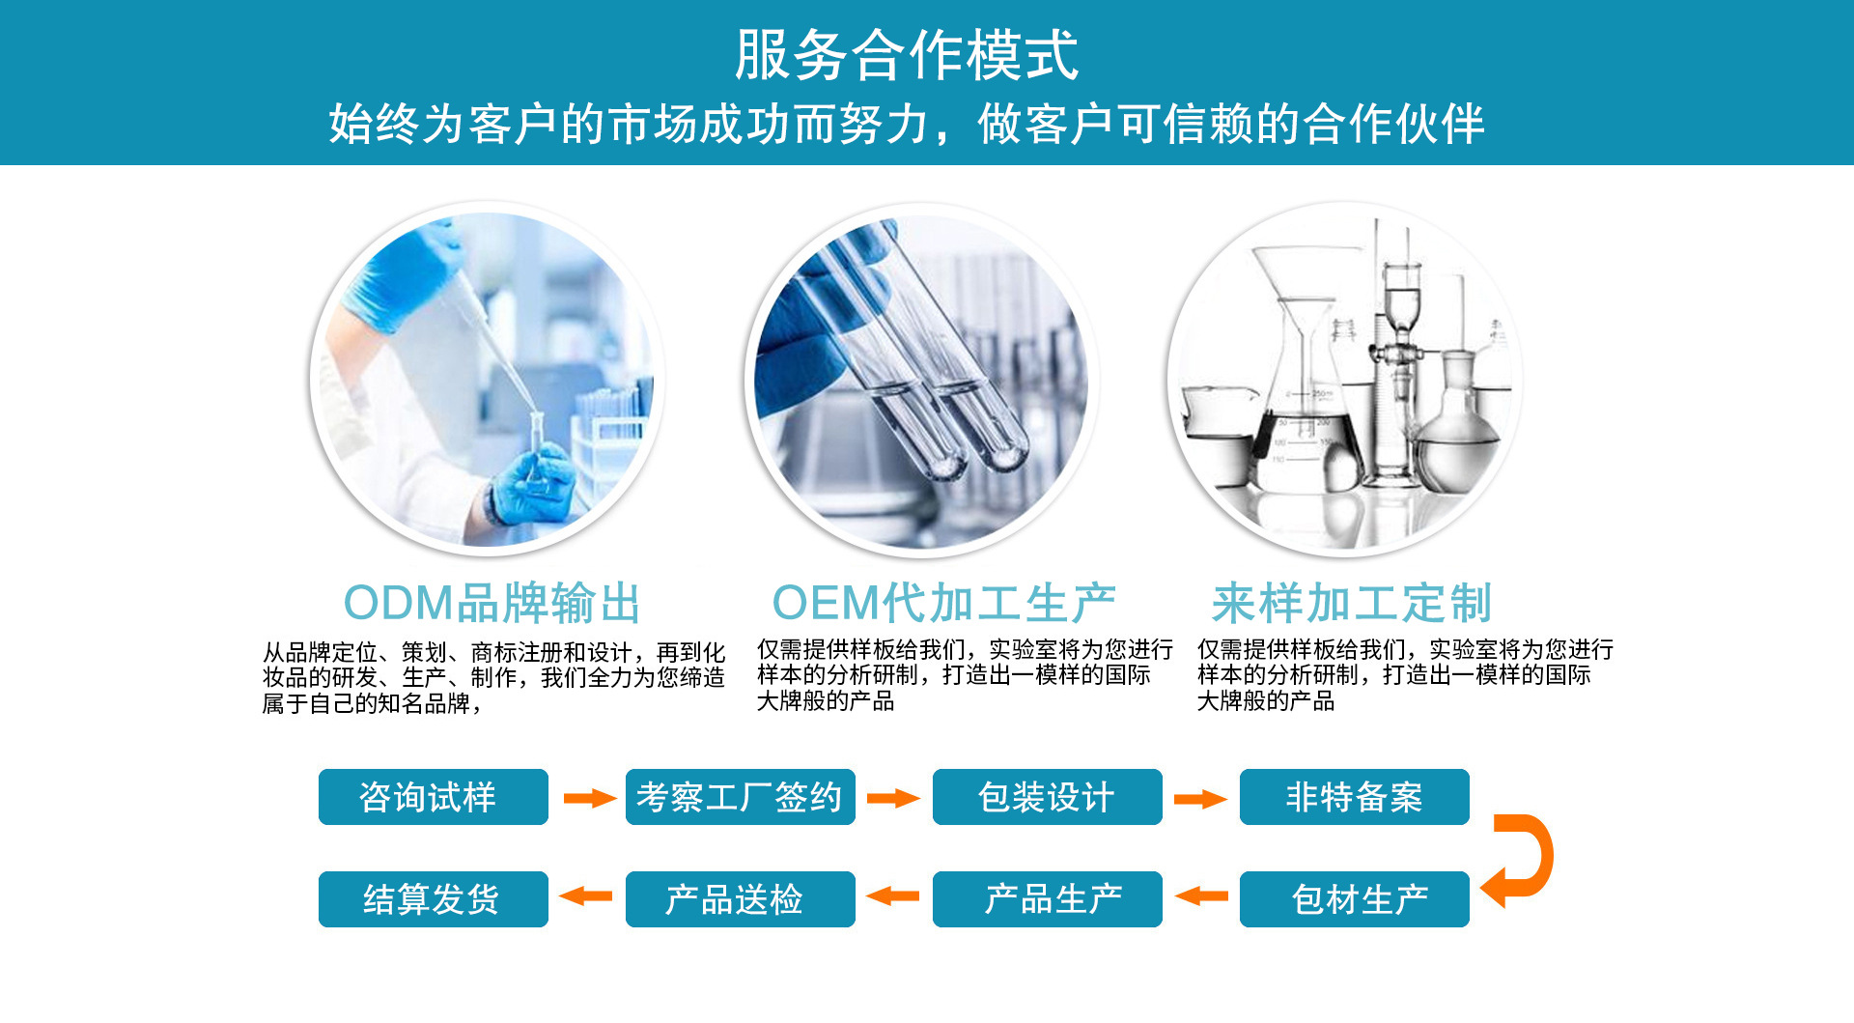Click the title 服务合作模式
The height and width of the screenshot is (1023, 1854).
tap(906, 55)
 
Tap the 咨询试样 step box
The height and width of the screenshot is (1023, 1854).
tap(434, 797)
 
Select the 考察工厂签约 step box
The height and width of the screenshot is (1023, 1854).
tap(741, 797)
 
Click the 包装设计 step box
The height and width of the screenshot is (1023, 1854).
tap(1048, 797)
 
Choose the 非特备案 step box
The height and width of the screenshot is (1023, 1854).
tap(1355, 797)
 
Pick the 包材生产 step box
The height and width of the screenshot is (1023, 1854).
tap(1355, 899)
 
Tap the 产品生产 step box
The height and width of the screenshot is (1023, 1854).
tap(1048, 899)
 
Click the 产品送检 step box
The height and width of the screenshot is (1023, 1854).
tap(741, 899)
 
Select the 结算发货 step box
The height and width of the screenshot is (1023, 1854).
tap(434, 899)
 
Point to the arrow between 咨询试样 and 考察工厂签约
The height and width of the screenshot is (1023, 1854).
tap(590, 798)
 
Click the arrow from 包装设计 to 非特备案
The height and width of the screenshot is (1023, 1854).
tap(1200, 799)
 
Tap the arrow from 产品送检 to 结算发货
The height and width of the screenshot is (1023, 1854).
tap(586, 896)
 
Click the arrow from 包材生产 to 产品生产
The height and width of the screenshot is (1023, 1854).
tap(1201, 896)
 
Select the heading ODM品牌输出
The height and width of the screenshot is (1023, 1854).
tap(492, 603)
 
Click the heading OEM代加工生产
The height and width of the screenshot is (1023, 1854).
tap(944, 603)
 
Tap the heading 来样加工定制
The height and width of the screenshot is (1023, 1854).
tap(1352, 603)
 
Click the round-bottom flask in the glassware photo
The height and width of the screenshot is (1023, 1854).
tap(1457, 425)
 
